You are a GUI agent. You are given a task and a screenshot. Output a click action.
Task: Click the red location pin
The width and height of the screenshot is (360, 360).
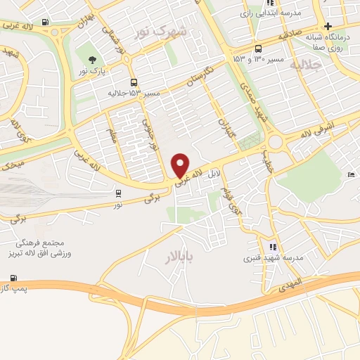[180, 164]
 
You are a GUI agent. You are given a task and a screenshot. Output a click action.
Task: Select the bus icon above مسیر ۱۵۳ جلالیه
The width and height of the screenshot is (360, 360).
[134, 82]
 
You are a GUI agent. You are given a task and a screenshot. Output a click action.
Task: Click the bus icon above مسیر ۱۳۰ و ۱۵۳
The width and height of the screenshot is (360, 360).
[258, 49]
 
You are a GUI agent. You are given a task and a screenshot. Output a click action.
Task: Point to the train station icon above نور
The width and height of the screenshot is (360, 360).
[117, 193]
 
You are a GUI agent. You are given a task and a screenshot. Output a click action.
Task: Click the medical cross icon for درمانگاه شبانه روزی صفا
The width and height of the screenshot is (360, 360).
[328, 26]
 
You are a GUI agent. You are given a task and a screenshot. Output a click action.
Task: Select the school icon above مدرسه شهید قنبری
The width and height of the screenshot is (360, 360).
[273, 247]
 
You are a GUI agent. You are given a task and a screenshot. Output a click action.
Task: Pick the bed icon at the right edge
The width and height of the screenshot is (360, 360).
[352, 174]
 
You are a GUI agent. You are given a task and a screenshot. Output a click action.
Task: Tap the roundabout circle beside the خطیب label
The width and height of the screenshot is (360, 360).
[274, 143]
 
